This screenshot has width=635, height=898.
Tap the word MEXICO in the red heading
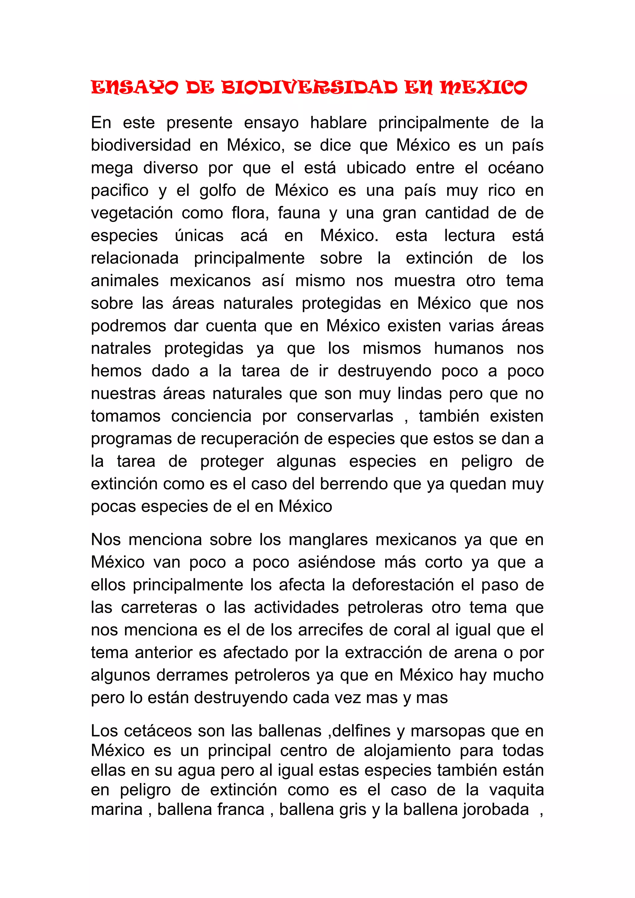483,88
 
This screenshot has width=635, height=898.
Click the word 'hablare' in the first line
338,123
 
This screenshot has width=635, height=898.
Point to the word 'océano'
515,168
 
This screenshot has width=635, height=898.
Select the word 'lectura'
469,236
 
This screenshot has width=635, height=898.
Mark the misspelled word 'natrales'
121,349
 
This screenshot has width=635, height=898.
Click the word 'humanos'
468,349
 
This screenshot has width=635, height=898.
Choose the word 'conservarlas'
344,416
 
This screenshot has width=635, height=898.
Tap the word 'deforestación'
402,585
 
